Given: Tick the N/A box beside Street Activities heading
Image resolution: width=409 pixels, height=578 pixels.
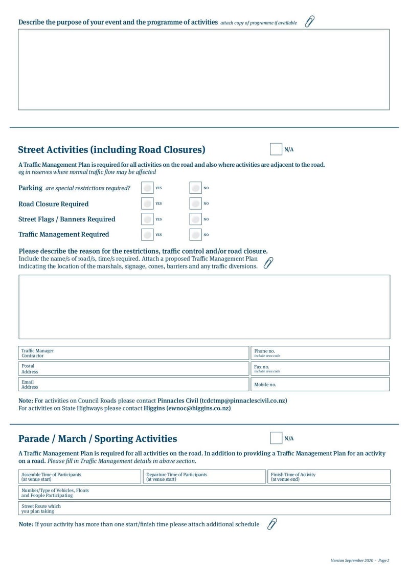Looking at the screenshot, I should pos(276,149).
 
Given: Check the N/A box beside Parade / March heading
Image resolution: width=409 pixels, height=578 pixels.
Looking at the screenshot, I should pos(276,438).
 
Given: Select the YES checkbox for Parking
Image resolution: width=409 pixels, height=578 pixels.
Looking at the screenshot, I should pos(147,188).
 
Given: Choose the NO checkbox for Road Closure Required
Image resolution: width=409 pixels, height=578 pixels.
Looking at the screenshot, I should pos(195,204).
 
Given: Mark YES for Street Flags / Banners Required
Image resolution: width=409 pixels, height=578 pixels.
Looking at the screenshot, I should pos(147,219).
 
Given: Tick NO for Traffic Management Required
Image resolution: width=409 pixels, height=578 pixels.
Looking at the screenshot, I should pos(195,235).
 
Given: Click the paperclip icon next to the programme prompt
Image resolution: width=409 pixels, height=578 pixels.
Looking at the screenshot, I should pos(309,21).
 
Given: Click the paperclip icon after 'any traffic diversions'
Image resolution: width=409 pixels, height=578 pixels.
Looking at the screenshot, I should pos(268,263).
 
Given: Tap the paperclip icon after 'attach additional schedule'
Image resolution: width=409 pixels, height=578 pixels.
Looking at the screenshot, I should pos(272,524).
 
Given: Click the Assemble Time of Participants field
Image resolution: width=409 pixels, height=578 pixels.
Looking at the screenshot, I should pos(79,477).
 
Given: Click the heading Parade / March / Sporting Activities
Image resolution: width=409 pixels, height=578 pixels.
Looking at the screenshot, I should pos(98,439).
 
